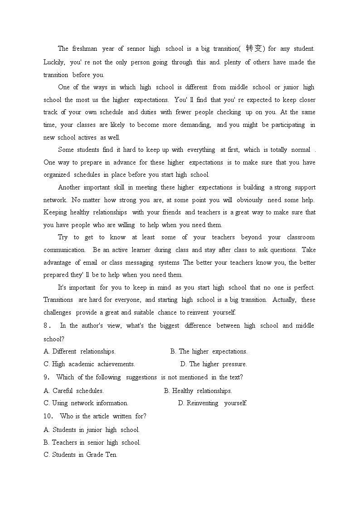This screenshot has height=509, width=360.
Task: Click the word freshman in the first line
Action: pyautogui.click(x=84, y=48)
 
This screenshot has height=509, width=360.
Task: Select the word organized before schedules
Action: pyautogui.click(x=57, y=175)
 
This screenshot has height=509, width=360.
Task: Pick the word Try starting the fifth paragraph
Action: pyautogui.click(x=63, y=237)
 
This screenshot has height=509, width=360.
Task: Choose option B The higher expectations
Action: pyautogui.click(x=209, y=351)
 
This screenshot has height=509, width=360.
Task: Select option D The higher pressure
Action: pyautogui.click(x=214, y=364)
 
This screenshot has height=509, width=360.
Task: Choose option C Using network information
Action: pyautogui.click(x=86, y=403)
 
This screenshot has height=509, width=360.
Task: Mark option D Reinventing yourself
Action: pyautogui.click(x=212, y=403)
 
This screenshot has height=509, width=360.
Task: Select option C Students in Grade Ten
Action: pyautogui.click(x=80, y=455)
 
